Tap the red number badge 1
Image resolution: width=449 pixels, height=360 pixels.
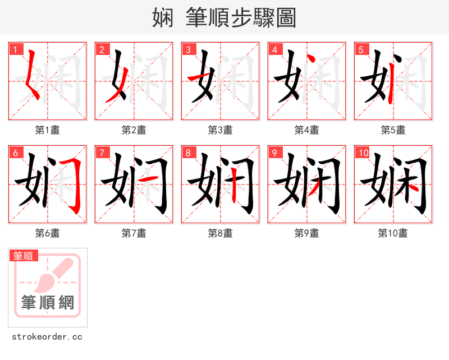[15, 49]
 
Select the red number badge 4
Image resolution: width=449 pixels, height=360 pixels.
[274, 49]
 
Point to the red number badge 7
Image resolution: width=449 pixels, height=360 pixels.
[102, 153]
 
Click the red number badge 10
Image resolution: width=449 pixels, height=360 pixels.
[363, 153]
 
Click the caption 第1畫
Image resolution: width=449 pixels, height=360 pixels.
[48, 130]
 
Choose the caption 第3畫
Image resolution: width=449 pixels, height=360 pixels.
[221, 130]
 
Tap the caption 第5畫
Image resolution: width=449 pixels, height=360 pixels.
[393, 130]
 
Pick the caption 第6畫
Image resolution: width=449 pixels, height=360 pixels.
[48, 233]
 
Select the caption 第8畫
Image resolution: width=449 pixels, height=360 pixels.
[221, 233]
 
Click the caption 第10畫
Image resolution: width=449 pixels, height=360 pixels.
[393, 233]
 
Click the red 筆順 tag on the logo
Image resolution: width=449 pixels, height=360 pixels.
[24, 256]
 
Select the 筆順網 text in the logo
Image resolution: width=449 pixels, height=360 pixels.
[48, 303]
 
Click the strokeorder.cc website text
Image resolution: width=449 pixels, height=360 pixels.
[48, 337]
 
